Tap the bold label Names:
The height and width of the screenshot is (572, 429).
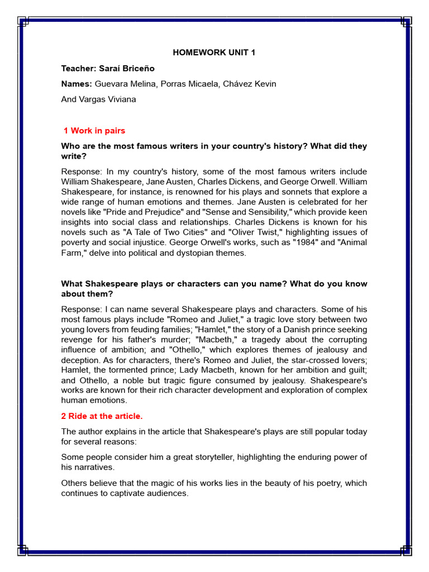pyautogui.click(x=77, y=84)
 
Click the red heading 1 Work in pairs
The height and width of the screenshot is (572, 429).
pyautogui.click(x=94, y=131)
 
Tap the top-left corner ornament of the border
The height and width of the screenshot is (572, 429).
pyautogui.click(x=23, y=22)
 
